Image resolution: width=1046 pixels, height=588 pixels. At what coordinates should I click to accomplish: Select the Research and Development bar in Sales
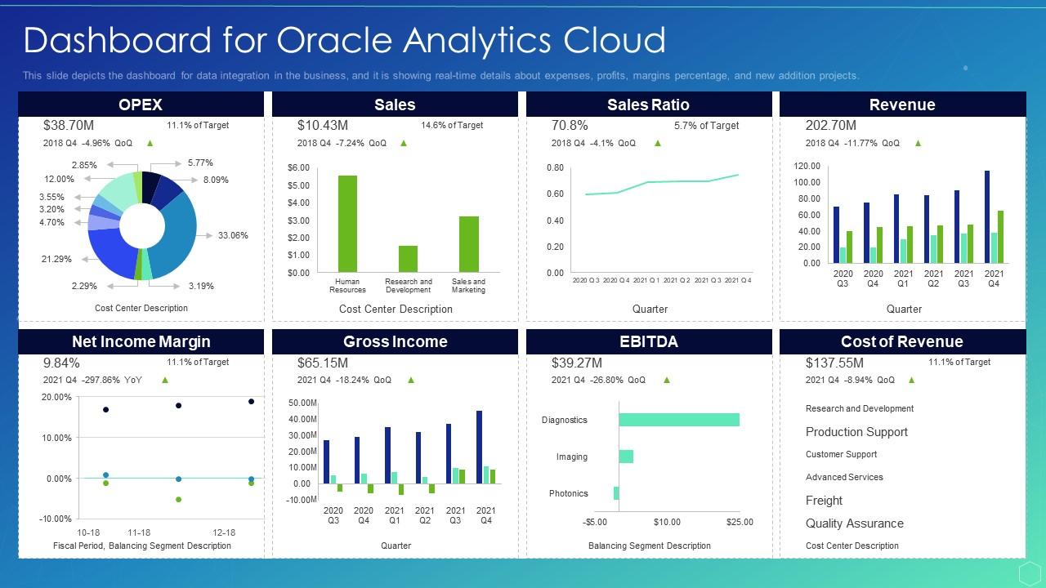coord(408,259)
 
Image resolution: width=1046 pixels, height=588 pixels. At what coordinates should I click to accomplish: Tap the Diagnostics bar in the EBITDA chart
coord(678,420)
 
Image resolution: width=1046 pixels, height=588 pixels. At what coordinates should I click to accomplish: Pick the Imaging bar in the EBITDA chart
coord(626,457)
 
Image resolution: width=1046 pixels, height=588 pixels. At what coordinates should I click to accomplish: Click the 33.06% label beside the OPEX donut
coord(233,235)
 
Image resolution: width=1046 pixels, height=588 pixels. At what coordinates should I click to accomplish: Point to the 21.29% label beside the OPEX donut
coord(56,259)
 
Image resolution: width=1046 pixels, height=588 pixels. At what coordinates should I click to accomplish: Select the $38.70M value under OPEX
coord(69,125)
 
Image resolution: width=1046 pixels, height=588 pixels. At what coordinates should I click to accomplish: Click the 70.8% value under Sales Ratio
coord(570,125)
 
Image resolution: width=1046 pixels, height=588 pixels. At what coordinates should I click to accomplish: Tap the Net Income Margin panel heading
coord(141,341)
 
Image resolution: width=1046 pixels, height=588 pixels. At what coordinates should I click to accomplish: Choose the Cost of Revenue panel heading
coord(902,341)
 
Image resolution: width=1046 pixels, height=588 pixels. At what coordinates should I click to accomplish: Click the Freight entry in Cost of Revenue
coord(824,501)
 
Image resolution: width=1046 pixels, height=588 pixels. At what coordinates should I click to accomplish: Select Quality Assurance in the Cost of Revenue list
coord(854,523)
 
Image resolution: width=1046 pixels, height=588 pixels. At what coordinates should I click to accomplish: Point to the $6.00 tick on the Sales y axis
coord(298,167)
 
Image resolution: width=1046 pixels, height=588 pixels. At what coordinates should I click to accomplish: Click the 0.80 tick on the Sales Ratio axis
coord(555,167)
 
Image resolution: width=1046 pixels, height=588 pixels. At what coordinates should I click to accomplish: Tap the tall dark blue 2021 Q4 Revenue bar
coord(987,216)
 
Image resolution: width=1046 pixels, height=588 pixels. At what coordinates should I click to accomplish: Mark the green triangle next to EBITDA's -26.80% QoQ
coord(666,380)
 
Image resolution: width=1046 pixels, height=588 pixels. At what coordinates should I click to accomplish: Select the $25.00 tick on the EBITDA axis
coord(739,522)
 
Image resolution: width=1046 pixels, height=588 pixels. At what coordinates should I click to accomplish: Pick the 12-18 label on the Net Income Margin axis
coord(224,532)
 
